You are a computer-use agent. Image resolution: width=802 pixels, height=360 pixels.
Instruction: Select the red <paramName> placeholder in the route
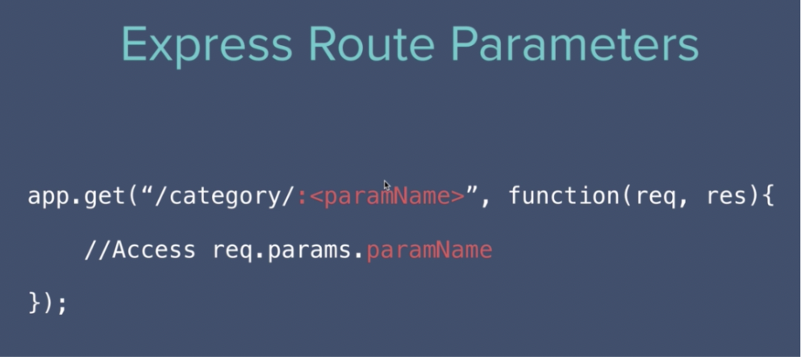click(x=388, y=197)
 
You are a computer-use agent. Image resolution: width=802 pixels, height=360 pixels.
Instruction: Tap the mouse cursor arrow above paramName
click(x=387, y=185)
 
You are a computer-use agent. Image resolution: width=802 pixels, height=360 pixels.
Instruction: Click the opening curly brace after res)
click(x=769, y=197)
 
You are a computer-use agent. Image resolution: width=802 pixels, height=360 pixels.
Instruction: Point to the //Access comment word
click(x=140, y=250)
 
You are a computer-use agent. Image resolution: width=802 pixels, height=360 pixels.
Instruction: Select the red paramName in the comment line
click(x=429, y=250)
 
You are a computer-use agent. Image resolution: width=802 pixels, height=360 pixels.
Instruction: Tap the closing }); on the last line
click(x=48, y=303)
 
